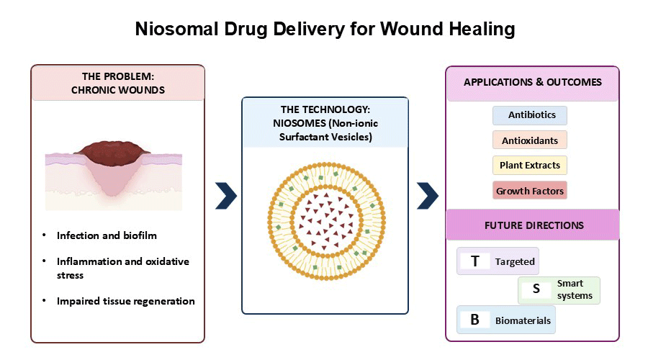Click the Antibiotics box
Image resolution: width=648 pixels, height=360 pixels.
(529, 115)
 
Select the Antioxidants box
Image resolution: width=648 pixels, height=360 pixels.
(529, 140)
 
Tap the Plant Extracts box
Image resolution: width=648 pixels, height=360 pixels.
(529, 165)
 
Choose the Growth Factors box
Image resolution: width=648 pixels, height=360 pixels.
(529, 191)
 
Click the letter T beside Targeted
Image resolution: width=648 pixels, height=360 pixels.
(475, 261)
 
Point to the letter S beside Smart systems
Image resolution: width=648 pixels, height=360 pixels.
(536, 289)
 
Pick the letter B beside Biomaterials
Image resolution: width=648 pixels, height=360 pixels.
(475, 320)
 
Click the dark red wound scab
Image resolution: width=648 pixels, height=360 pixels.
(112, 153)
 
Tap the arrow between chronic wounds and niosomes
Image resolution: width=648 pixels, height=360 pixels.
(226, 196)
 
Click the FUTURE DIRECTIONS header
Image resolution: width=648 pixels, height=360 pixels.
(534, 225)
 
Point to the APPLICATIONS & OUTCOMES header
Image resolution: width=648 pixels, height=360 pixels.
(532, 82)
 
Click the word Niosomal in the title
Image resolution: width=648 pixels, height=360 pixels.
(176, 29)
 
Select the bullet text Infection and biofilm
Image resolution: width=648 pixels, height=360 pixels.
(107, 235)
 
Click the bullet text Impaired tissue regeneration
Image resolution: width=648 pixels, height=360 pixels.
(125, 301)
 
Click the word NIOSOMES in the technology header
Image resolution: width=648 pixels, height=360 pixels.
(300, 123)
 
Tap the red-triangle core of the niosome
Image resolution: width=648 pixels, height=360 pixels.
(326, 221)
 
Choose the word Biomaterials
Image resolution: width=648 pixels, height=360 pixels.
(523, 320)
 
